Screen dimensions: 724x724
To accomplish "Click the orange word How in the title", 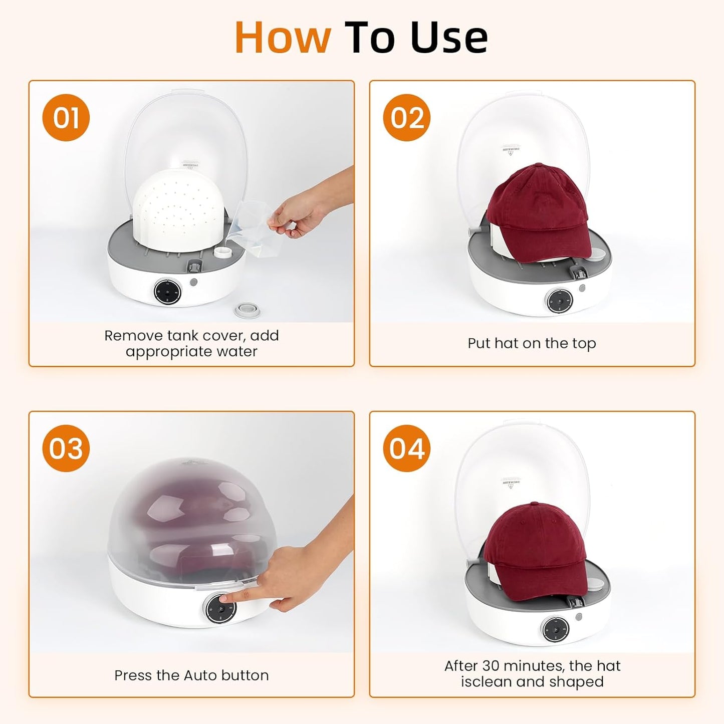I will (283, 38).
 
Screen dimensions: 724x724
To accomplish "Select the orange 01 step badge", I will (66, 118).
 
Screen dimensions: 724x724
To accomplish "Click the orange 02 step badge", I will (406, 118).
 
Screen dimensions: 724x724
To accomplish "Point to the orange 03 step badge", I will (66, 448).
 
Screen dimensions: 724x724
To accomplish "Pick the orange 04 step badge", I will (406, 448).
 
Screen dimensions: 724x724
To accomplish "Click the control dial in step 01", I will (167, 291).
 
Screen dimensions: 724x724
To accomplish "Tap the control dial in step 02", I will (558, 301).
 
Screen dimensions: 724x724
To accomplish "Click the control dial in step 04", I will (555, 628).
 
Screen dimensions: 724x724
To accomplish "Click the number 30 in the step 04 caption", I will (491, 666).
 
